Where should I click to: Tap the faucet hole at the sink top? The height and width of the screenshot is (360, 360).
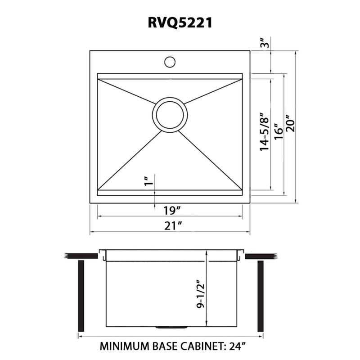(x=170, y=61)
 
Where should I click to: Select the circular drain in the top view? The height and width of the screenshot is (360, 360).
(x=170, y=115)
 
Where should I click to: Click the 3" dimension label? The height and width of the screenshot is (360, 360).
(x=266, y=44)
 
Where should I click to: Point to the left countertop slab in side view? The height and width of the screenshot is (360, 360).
(x=81, y=256)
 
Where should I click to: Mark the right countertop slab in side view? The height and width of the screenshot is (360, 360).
(x=260, y=256)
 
